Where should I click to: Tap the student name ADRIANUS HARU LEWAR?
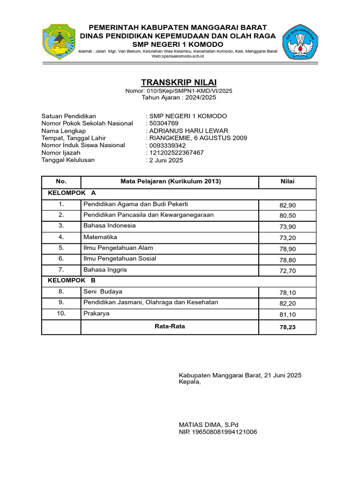coord(189,131)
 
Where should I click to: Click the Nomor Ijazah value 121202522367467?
coord(176,152)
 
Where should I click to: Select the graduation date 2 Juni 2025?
coord(166,160)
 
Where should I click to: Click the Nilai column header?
coord(287,182)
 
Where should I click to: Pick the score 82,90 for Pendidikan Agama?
coord(287,205)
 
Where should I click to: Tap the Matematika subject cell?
coord(100,237)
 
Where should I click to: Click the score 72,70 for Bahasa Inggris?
coord(287,271)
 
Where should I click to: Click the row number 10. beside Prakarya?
coord(61,313)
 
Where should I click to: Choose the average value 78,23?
coord(287,328)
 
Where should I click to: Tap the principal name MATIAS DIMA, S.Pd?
coord(209,425)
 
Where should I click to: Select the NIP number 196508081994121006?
coord(218,432)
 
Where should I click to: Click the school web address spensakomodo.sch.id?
coord(179,56)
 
